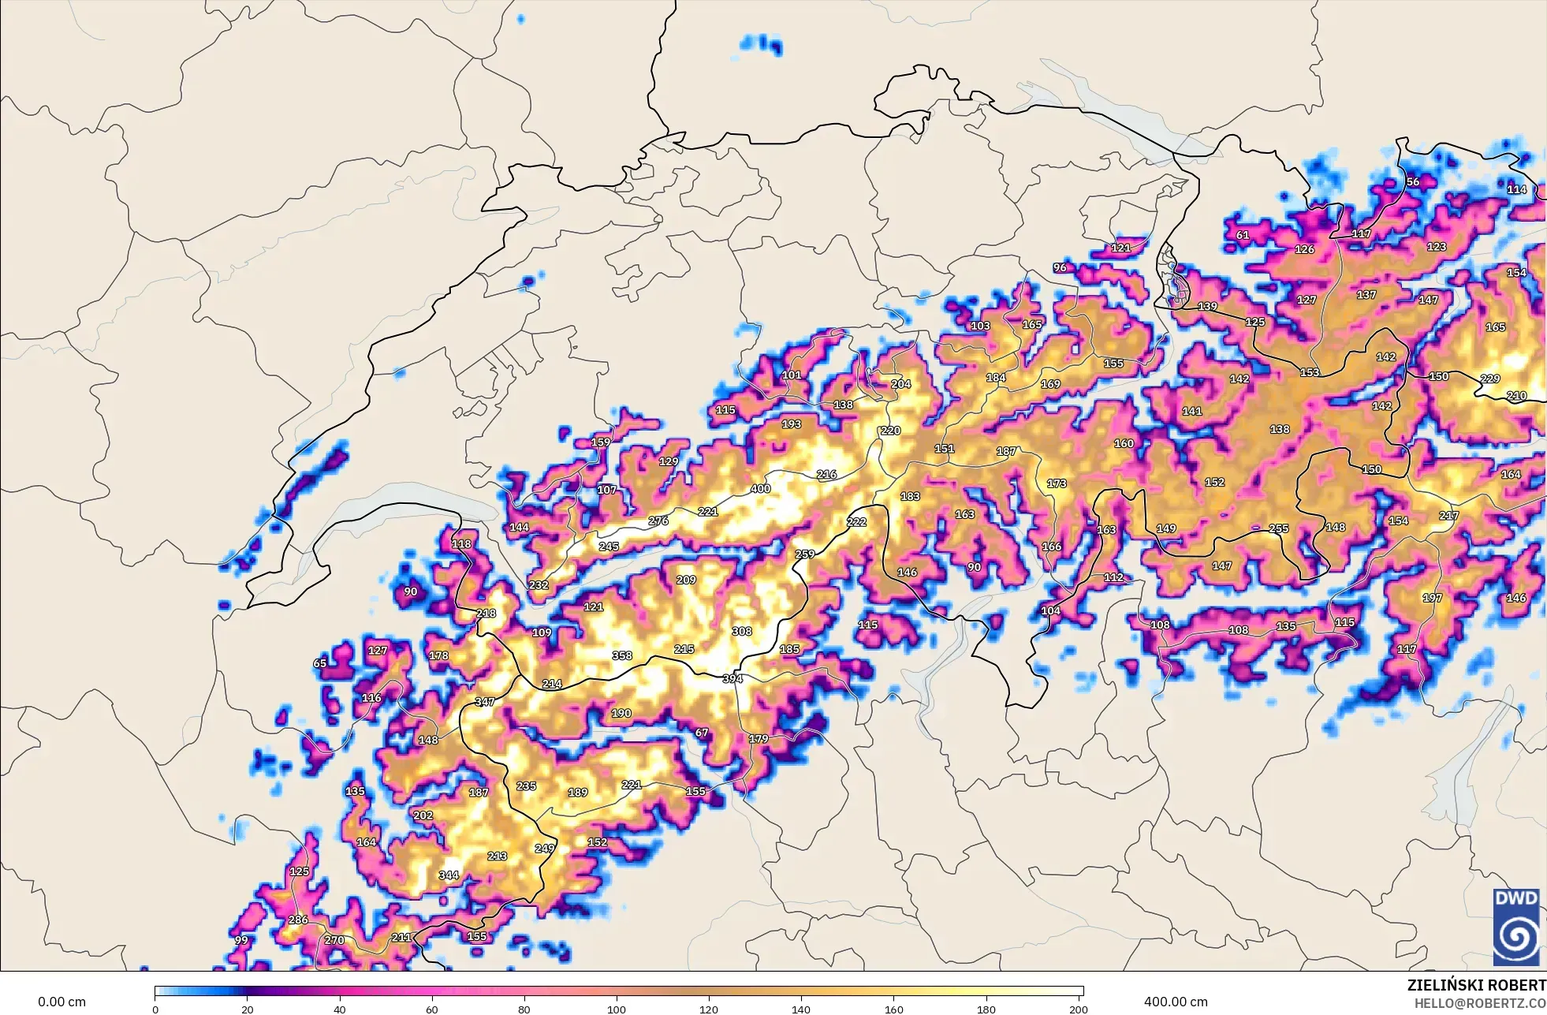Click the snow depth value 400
pos(760,489)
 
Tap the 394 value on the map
pos(732,678)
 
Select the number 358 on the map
pos(622,655)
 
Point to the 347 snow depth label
pos(485,702)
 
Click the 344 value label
pos(449,875)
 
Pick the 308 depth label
pos(742,631)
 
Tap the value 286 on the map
pos(298,920)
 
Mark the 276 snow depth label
pos(658,521)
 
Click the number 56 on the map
pos(1413,181)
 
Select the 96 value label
pos(1060,267)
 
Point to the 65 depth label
pos(319,663)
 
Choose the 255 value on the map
pos(1279,528)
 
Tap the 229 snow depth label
pos(1490,379)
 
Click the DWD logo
pos(1516,927)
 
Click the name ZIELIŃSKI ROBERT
pos(1476,985)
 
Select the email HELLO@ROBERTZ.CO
pos(1479,1003)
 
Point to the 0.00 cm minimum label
pos(62,1002)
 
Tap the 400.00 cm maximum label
pos(1176,1002)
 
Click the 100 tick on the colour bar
pos(617,1009)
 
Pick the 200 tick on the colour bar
pos(1079,1009)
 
